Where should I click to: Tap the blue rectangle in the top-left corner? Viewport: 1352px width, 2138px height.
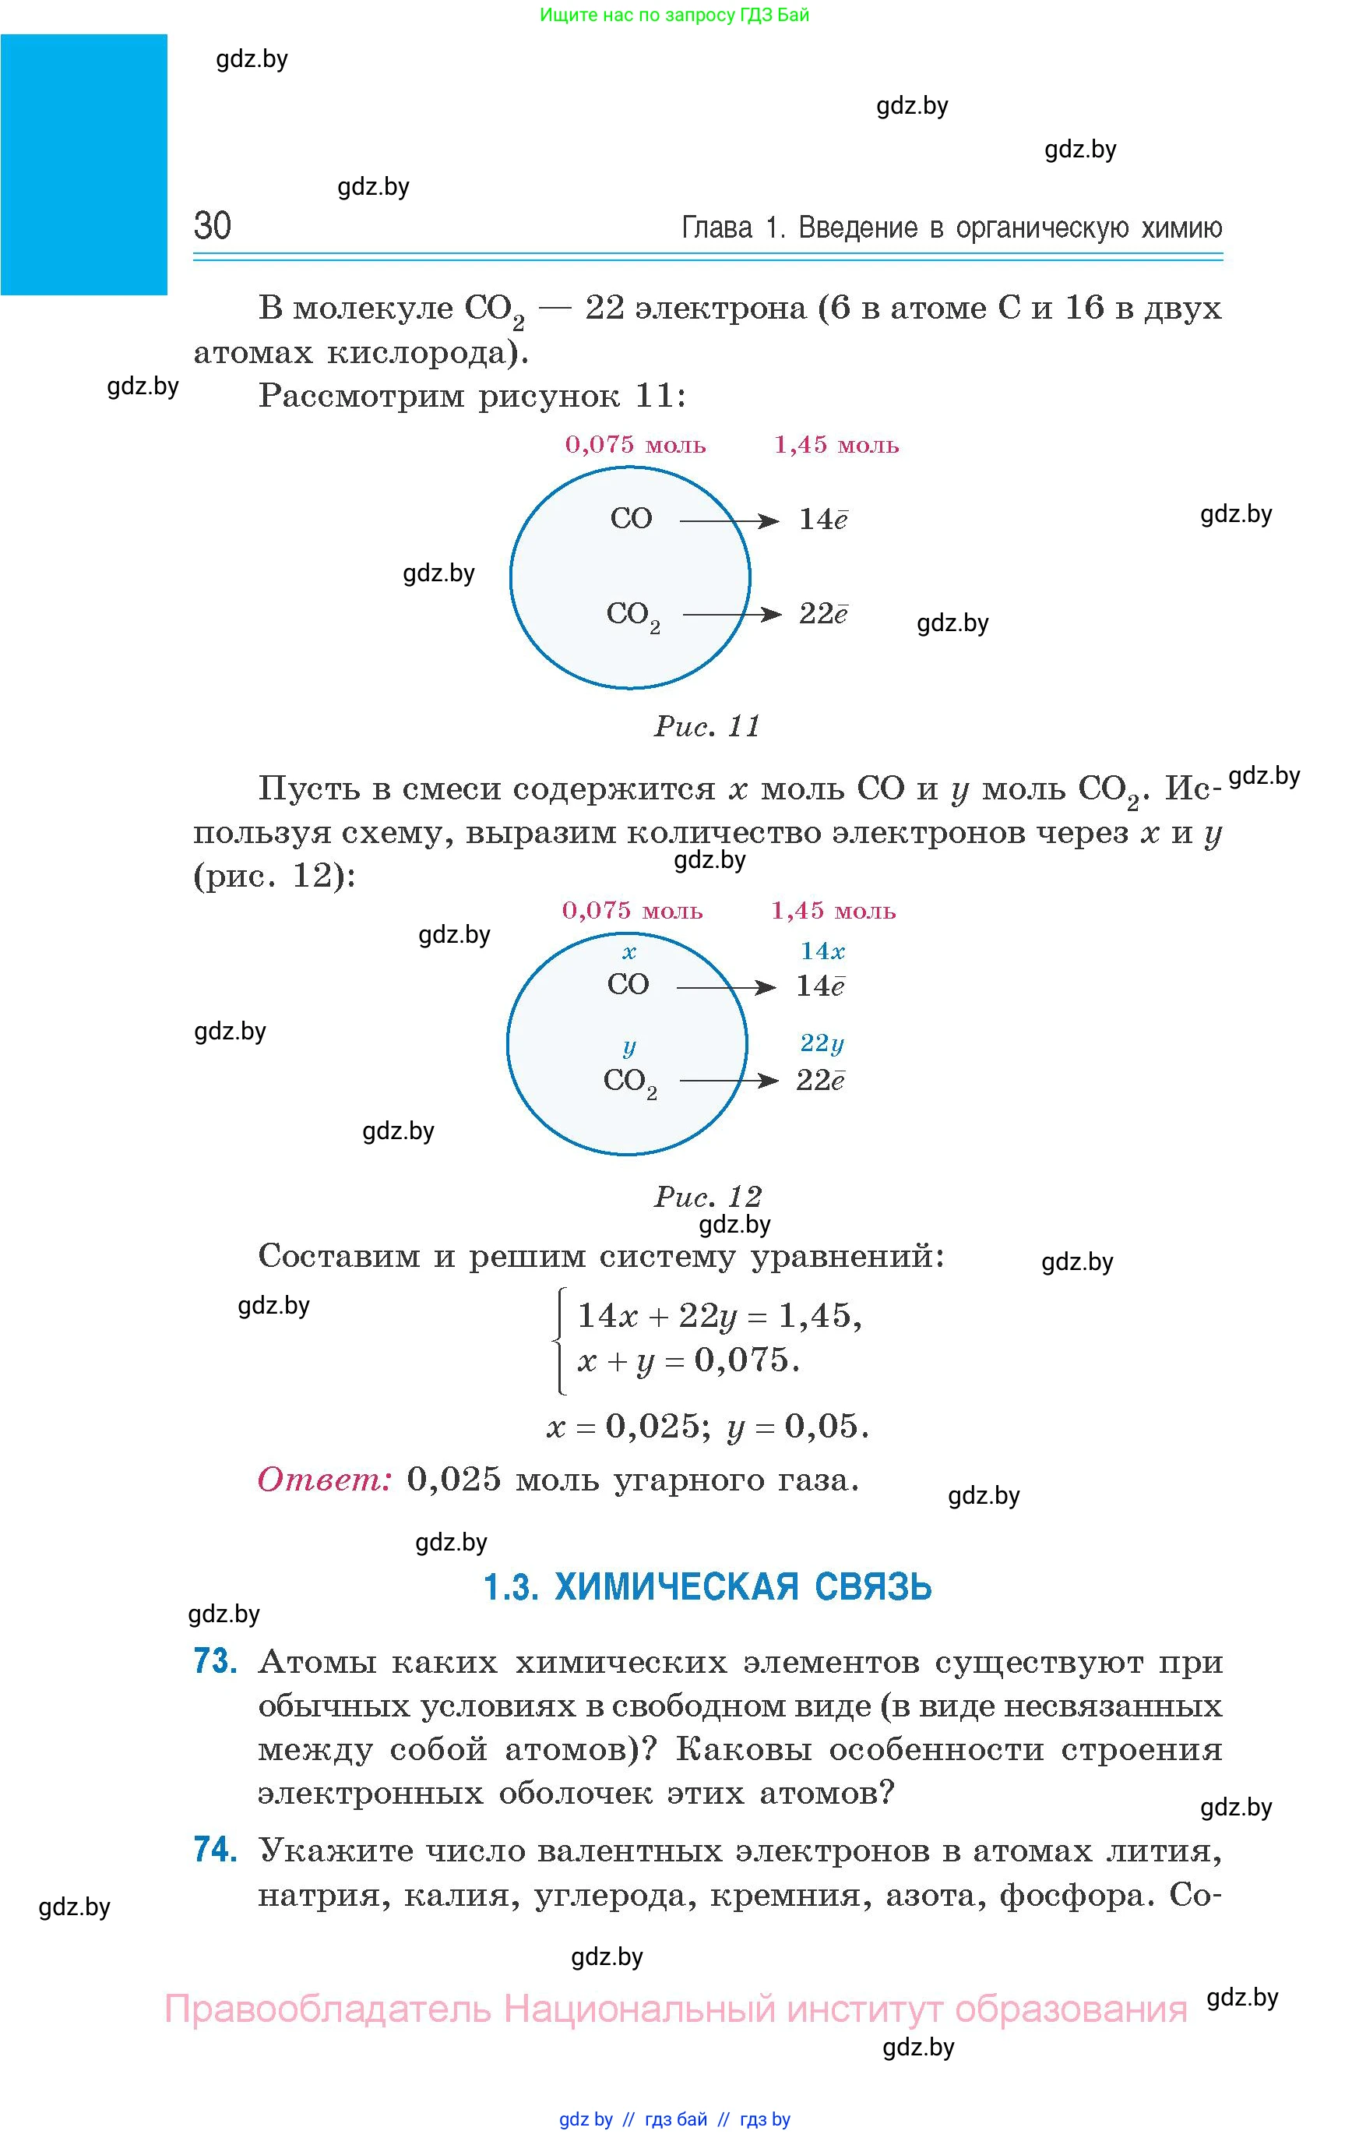pyautogui.click(x=83, y=164)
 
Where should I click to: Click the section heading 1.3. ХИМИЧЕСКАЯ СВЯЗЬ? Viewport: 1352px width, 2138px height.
pyautogui.click(x=707, y=1586)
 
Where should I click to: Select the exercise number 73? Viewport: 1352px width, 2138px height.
pyautogui.click(x=215, y=1660)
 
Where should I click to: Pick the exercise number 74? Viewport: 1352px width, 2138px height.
pyautogui.click(x=215, y=1850)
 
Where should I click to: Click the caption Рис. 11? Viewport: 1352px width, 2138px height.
pyautogui.click(x=707, y=726)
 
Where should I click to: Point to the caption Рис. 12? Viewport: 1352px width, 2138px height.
pyautogui.click(x=707, y=1196)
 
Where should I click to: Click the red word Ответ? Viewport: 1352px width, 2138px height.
pyautogui.click(x=324, y=1479)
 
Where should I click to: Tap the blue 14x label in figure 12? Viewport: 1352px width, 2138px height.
pyautogui.click(x=822, y=951)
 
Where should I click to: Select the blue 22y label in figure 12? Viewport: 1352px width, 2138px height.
pyautogui.click(x=822, y=1043)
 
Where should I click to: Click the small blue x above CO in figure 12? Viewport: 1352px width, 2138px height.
pyautogui.click(x=628, y=953)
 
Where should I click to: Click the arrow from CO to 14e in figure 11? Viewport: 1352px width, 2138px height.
pyautogui.click(x=729, y=521)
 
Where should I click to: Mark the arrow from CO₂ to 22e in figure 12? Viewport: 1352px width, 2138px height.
pyautogui.click(x=729, y=1081)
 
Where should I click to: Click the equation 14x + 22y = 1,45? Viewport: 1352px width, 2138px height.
pyautogui.click(x=719, y=1316)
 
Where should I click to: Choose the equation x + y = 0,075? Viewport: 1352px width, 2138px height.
pyautogui.click(x=688, y=1360)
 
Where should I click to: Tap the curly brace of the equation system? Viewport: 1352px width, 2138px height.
pyautogui.click(x=559, y=1341)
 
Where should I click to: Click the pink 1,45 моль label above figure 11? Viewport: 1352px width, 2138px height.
pyautogui.click(x=836, y=445)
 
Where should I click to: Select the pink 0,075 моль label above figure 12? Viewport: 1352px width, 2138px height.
pyautogui.click(x=632, y=910)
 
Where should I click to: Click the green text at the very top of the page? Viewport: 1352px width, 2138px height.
pyautogui.click(x=674, y=15)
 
